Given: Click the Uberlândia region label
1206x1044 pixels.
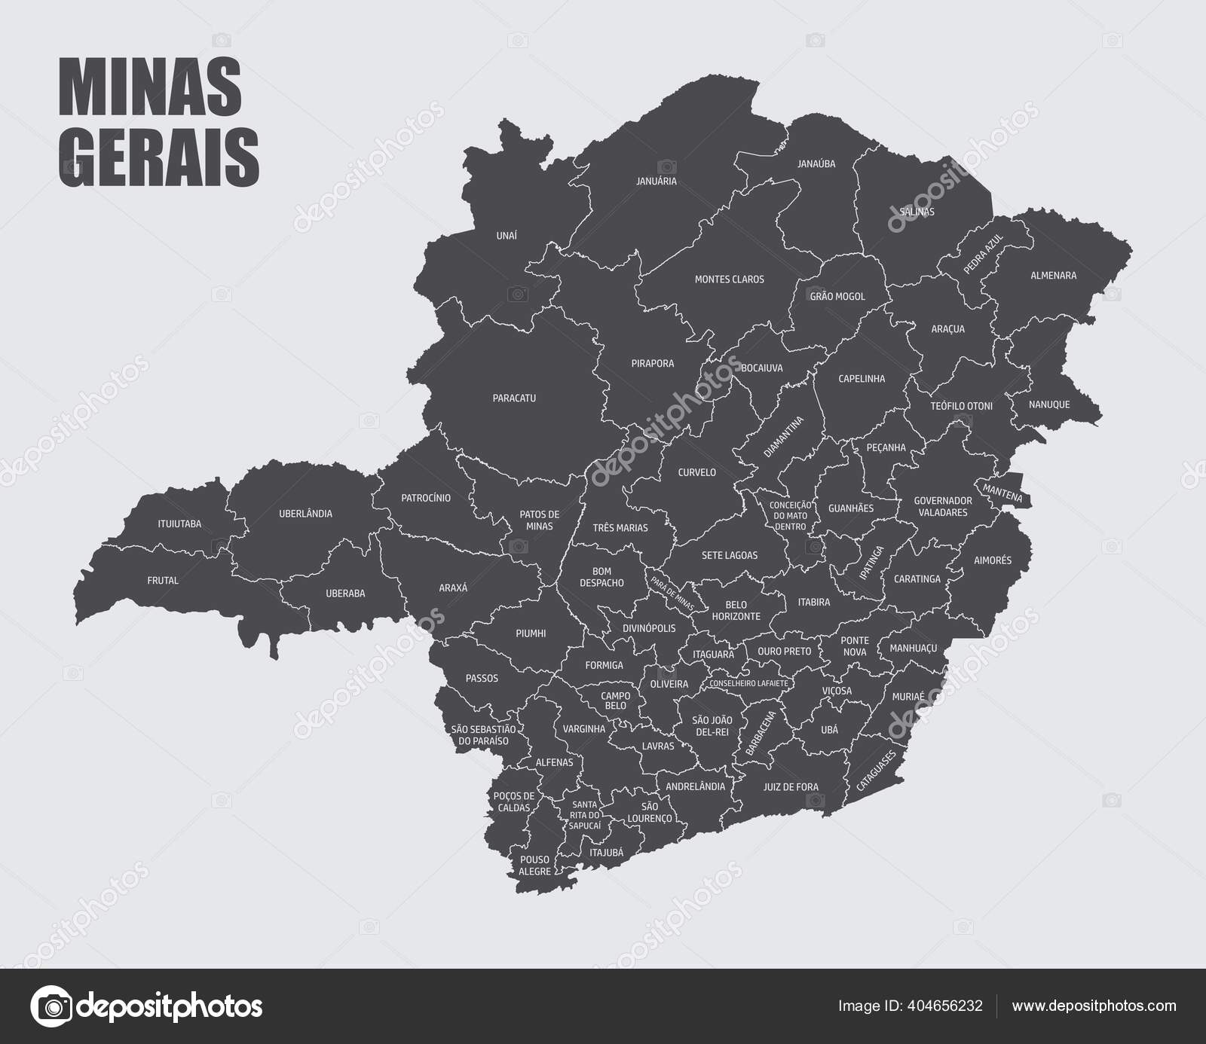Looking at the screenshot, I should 305,514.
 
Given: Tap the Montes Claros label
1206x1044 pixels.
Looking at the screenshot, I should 729,279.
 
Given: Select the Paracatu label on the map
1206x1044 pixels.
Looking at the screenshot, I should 514,398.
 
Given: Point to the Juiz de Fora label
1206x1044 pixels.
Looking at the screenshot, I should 790,787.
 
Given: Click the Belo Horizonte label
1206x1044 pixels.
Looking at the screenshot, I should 736,610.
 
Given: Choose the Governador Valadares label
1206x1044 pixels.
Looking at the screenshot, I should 942,506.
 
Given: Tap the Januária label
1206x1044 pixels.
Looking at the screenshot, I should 656,182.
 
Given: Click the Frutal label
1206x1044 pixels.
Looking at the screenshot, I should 163,581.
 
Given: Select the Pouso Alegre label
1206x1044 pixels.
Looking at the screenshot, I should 535,865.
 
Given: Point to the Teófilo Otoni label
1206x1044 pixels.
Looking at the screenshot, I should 961,406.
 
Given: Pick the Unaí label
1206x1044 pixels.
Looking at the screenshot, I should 507,236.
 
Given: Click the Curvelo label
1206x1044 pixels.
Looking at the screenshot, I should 696,472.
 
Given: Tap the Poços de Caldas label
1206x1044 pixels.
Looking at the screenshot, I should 513,801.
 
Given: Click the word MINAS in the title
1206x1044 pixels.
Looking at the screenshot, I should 150,89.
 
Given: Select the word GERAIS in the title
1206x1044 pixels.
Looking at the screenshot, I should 159,158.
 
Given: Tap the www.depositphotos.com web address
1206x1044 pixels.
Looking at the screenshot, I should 1094,1006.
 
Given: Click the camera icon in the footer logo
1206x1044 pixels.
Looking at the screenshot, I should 51,1006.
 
